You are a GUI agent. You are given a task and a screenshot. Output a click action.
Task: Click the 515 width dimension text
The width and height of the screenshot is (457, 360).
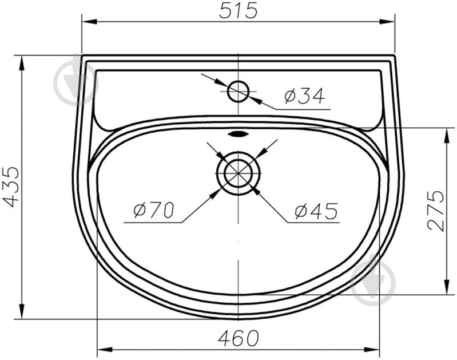click(239, 10)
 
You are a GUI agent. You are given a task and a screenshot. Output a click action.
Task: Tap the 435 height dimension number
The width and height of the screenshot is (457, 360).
click(11, 187)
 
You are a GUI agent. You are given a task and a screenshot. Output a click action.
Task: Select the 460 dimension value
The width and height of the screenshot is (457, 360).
click(239, 338)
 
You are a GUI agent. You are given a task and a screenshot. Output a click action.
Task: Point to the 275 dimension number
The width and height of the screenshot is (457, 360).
click(436, 211)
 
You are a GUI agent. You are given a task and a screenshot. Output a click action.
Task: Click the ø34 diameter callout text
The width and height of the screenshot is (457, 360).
click(304, 96)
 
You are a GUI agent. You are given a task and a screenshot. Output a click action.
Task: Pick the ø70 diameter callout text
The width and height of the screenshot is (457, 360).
click(154, 209)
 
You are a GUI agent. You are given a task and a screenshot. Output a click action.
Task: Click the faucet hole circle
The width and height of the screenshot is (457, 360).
click(239, 81)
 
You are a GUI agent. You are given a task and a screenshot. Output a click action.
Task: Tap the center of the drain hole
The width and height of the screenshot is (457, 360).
click(239, 173)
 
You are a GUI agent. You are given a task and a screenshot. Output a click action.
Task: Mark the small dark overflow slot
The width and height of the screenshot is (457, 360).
click(238, 134)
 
